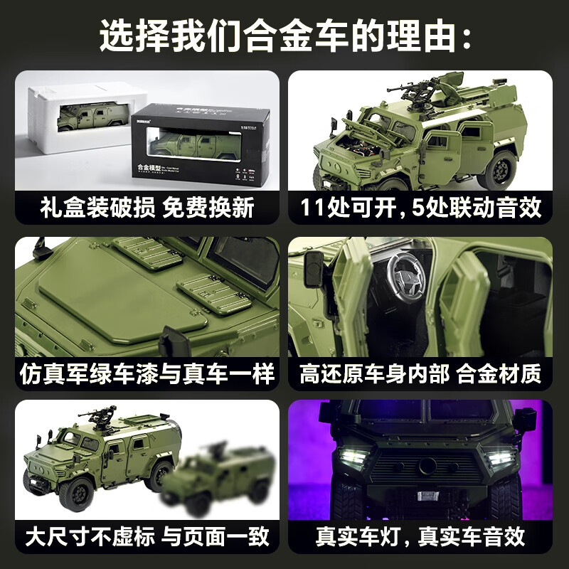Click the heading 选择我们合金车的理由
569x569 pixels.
click(284, 36)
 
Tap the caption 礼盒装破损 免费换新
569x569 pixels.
click(147, 208)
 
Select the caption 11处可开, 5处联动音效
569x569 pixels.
click(420, 208)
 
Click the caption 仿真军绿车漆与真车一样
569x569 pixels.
click(147, 373)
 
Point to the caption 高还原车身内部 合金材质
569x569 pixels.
click(420, 373)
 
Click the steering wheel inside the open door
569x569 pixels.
click(403, 271)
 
